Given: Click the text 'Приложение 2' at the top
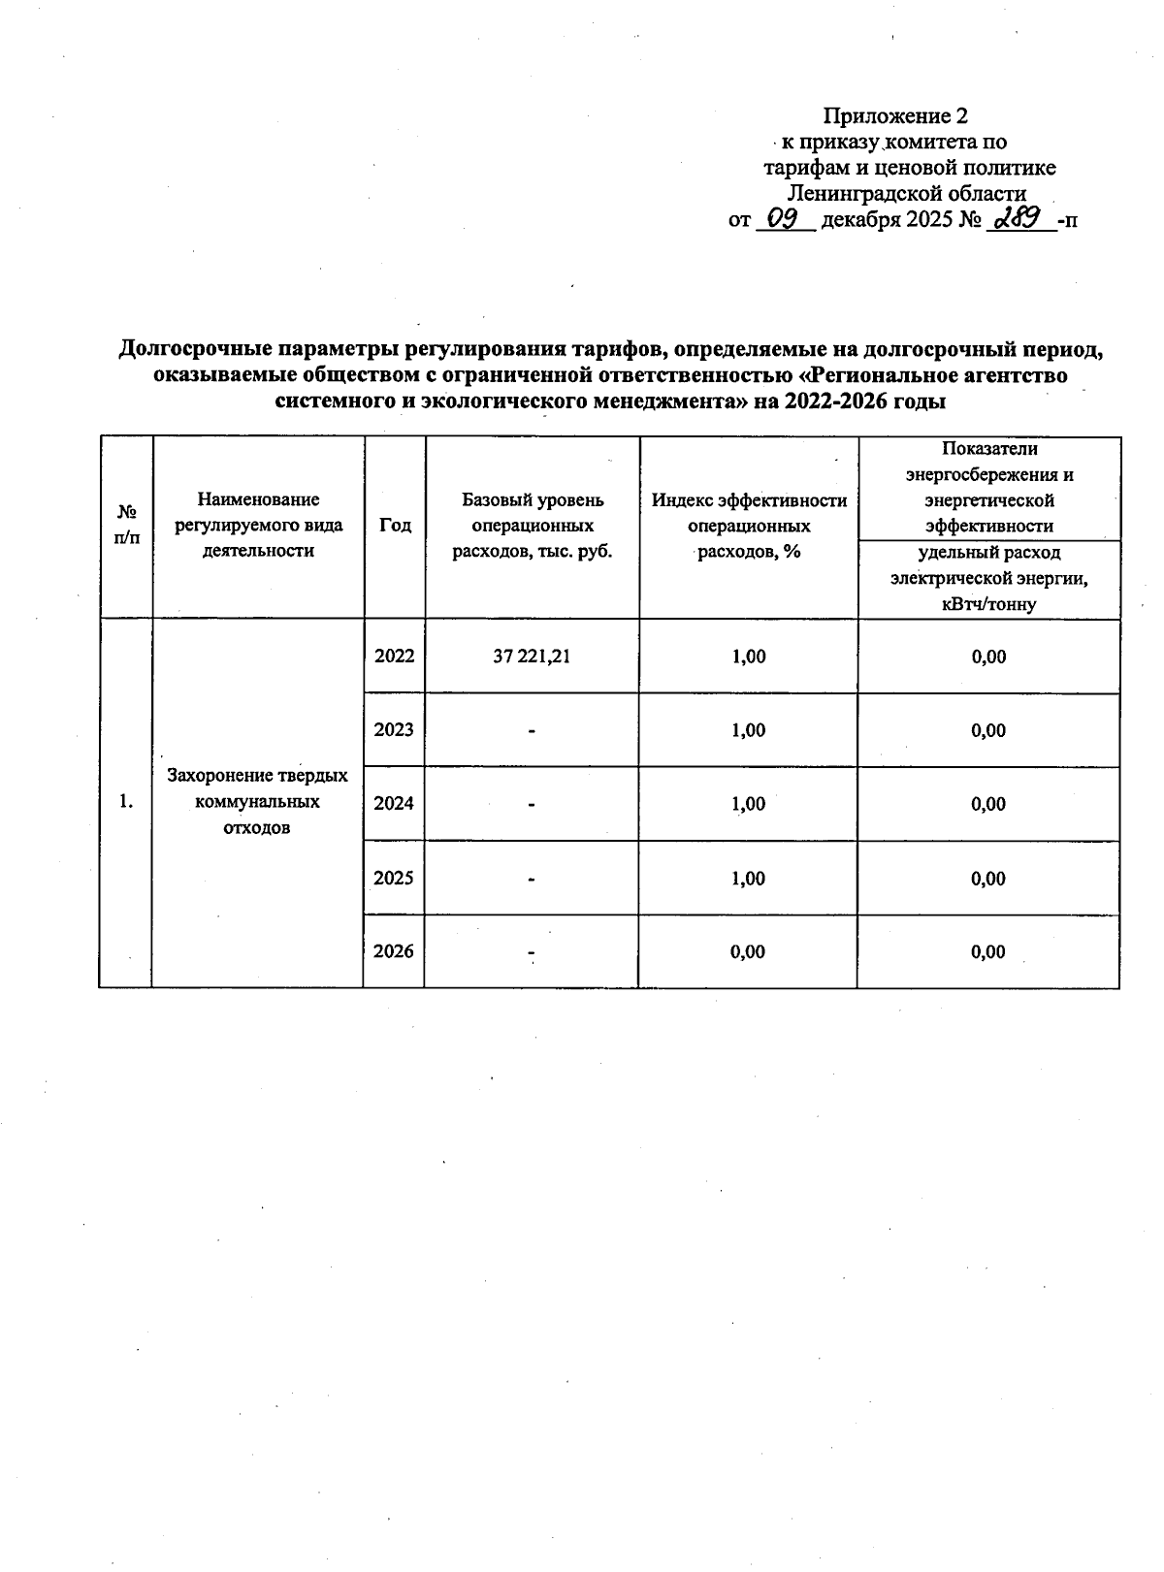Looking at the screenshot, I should [894, 116].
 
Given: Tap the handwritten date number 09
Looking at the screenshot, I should [782, 219].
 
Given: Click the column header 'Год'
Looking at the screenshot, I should [395, 525].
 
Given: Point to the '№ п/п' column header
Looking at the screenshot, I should [126, 525].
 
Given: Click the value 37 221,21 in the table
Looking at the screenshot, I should [532, 657].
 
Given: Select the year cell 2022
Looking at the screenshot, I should [394, 656].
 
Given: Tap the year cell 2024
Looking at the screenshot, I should [394, 803].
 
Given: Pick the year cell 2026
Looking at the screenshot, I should [394, 951].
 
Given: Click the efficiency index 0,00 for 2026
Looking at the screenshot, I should [748, 952].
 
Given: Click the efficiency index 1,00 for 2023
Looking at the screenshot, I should [748, 730].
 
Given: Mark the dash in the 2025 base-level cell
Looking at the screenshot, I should [532, 879].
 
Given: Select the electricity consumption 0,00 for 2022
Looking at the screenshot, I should [988, 657].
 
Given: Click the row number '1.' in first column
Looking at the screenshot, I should [125, 802].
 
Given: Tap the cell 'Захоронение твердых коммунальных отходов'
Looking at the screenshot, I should [257, 802].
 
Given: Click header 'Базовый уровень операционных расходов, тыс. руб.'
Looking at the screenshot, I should [532, 526].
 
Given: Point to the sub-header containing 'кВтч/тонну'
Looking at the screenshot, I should [988, 604].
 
